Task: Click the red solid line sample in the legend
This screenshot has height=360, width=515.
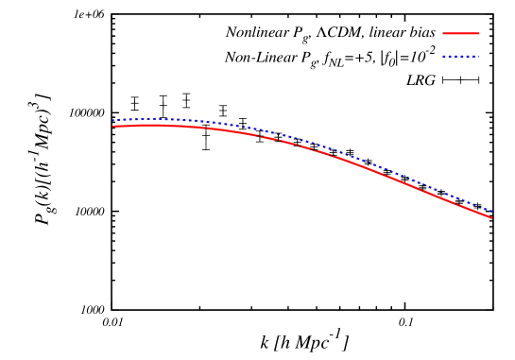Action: pos(460,34)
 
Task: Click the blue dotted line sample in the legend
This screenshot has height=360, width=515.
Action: pos(460,57)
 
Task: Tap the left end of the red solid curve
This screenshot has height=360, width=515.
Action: pos(113,127)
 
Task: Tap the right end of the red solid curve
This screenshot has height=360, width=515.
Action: pos(491,218)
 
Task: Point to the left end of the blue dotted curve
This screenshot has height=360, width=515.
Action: pos(113,120)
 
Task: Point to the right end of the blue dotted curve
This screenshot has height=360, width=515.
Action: pos(491,211)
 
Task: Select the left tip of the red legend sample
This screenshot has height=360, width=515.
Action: pos(443,34)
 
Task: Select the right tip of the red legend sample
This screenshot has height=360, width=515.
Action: pos(478,34)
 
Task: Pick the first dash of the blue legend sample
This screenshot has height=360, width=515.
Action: pos(444,57)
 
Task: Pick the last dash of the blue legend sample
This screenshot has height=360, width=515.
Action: pos(477,57)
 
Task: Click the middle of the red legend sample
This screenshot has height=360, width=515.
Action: pos(460,34)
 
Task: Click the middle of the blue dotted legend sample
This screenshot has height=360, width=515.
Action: pos(460,57)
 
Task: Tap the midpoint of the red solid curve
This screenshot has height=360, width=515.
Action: pos(302,146)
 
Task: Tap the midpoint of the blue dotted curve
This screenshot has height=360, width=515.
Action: pos(302,140)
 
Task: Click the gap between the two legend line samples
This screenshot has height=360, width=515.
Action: pos(460,45)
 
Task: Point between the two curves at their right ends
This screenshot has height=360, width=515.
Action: pos(490,214)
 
